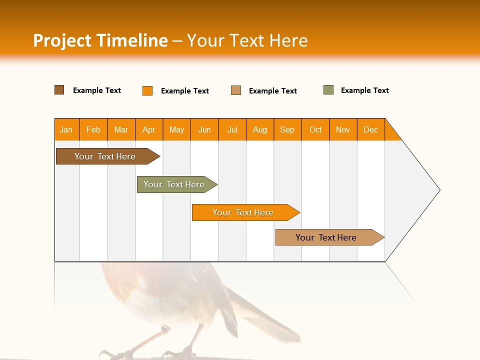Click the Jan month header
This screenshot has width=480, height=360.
pos(66,129)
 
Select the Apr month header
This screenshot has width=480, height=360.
pos(149,129)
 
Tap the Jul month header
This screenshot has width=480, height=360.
pos(232,129)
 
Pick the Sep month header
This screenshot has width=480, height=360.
pos(287,129)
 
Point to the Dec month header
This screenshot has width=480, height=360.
pos(370,129)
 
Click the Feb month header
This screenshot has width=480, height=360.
pos(93,129)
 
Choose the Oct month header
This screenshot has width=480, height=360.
pos(315,129)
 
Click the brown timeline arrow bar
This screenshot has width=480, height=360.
pos(105,156)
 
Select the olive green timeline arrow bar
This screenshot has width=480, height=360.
pos(174,184)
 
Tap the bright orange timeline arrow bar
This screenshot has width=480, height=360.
pos(243,212)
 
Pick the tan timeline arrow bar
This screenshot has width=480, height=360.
pos(326,237)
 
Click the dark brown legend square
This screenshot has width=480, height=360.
pos(59,90)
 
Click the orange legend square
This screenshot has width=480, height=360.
pos(147,90)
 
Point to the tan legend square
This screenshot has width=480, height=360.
pos(236,90)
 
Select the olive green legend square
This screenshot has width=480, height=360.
pos(328,90)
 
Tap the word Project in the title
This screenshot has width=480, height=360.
pos(62,40)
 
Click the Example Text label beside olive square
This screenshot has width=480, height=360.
pos(364,90)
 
